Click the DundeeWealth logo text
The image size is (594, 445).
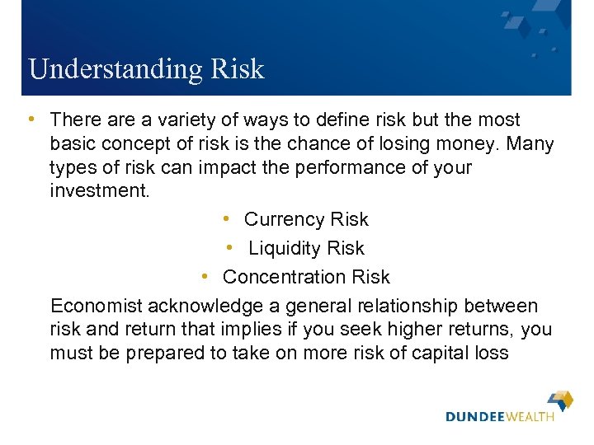pos(500,418)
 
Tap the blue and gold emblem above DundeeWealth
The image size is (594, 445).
pos(561,400)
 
